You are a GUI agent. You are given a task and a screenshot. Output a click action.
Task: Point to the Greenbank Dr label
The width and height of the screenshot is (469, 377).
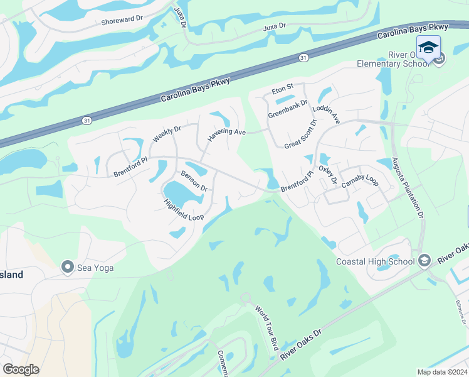288,109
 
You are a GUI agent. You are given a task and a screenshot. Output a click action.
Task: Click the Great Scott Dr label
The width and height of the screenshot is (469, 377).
301,134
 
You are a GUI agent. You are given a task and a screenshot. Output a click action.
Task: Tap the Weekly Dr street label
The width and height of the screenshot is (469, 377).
166,134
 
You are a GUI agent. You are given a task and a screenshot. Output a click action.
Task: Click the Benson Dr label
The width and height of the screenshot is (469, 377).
194,181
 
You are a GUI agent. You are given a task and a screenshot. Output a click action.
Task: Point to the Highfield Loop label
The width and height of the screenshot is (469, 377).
184,210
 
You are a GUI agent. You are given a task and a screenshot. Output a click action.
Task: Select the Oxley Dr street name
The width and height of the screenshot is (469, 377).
328,175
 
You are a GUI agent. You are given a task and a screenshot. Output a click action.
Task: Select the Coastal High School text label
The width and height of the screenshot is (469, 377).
376,261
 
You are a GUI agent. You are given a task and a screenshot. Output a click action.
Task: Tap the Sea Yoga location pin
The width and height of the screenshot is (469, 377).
68,268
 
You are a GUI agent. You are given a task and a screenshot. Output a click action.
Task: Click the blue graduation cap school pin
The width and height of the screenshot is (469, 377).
428,47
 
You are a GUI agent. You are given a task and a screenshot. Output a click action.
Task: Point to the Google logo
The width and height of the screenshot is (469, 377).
21,369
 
